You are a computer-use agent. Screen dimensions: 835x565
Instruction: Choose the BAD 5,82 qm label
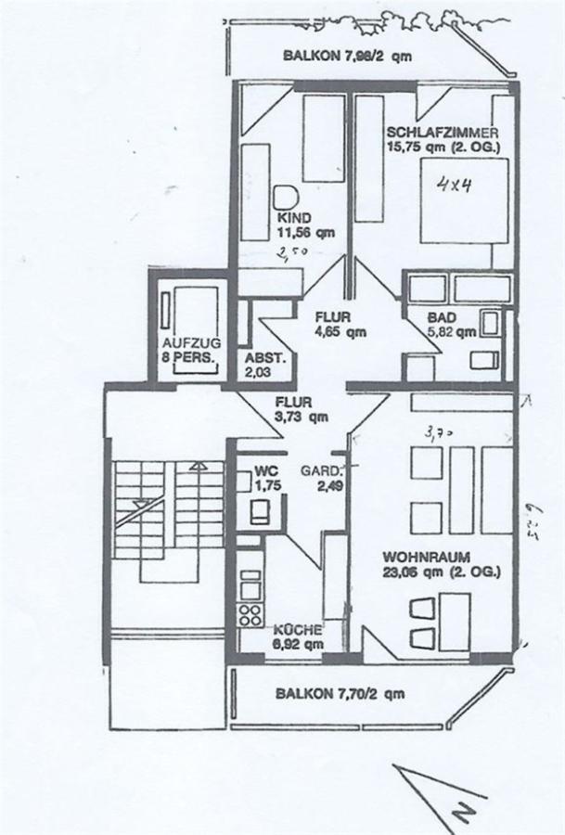(451, 324)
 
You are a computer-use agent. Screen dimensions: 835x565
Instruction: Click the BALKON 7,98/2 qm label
(347, 57)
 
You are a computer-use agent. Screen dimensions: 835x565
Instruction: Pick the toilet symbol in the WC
(257, 509)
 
